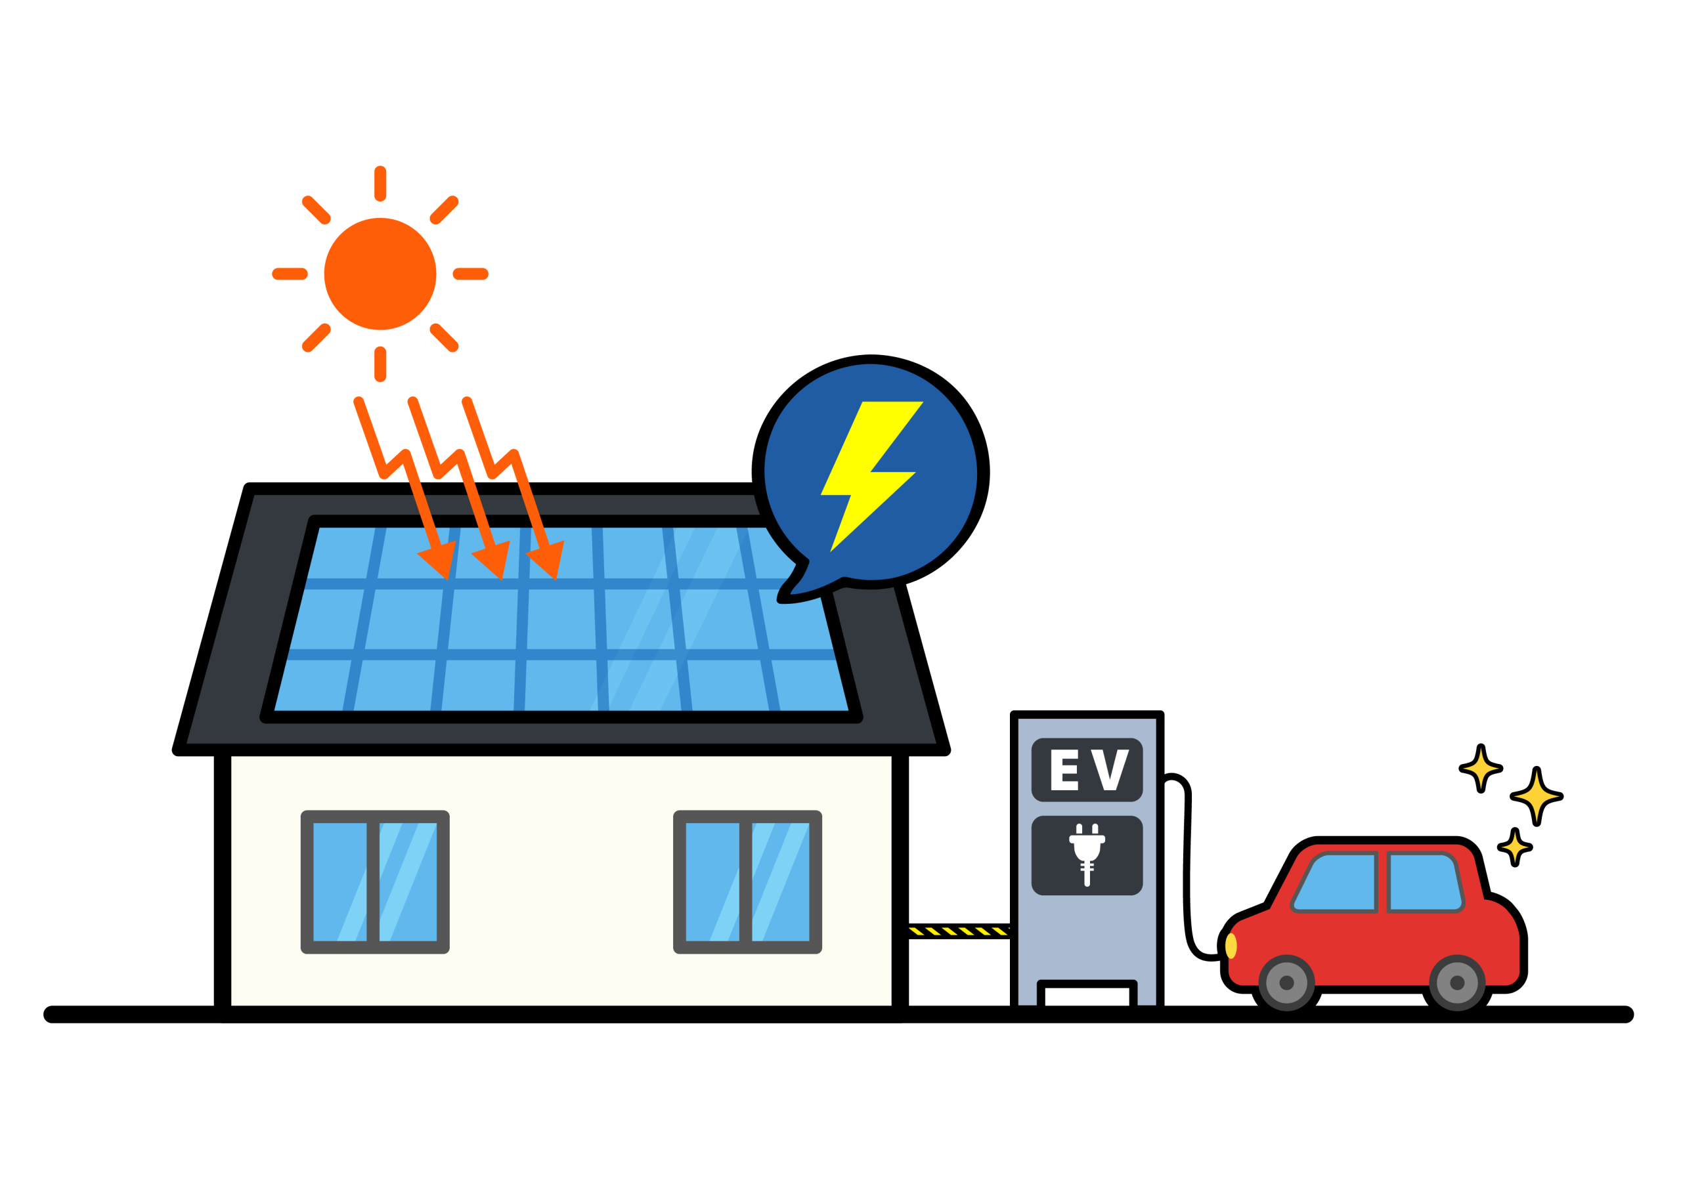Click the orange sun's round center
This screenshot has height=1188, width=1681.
(380, 274)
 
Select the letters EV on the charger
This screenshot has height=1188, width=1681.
(1089, 769)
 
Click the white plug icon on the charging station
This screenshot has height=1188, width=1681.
(1087, 855)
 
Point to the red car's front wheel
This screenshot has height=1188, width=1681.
(1286, 983)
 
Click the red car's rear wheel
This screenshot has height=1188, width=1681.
(1457, 983)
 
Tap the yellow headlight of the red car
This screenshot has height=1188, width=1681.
(1231, 946)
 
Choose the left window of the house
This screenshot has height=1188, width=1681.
(375, 882)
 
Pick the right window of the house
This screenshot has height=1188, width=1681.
(747, 882)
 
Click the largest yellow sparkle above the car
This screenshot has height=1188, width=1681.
(1536, 796)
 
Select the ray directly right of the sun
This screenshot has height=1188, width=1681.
(471, 274)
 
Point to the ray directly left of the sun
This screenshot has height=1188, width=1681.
(290, 274)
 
